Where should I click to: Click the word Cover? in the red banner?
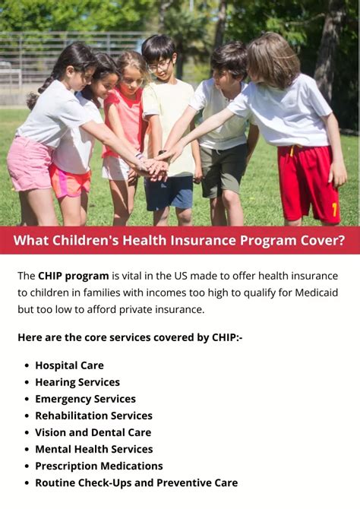(322, 241)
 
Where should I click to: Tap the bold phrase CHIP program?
(74, 276)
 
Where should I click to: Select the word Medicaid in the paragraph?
(316, 292)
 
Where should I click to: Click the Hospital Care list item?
(69, 365)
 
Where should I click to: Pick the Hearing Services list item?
(77, 382)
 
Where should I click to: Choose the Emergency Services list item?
(85, 399)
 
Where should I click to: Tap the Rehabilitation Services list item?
(94, 416)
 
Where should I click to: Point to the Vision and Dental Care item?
(93, 433)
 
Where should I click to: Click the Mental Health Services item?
(94, 449)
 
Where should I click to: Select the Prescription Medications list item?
(99, 466)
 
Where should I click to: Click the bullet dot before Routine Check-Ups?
(27, 483)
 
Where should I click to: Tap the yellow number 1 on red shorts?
(334, 210)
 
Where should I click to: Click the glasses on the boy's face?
(159, 67)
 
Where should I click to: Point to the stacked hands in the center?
(155, 166)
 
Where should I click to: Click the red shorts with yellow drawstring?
(308, 183)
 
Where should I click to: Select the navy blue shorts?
(169, 193)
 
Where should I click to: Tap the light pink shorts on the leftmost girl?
(29, 164)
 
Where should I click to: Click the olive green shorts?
(223, 169)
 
